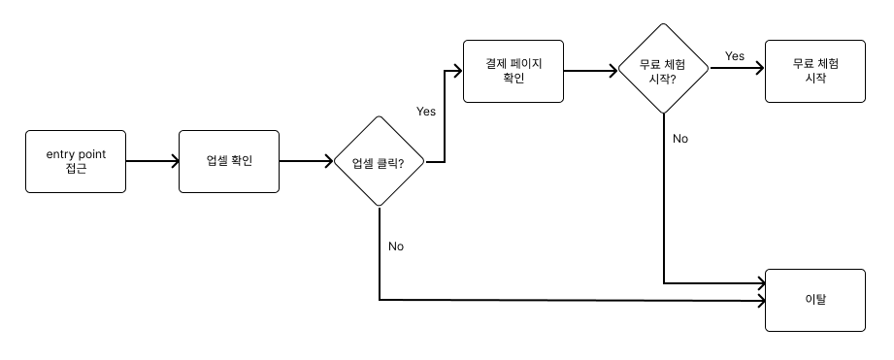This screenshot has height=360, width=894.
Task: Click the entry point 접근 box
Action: tap(76, 162)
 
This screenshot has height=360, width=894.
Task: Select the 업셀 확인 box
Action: tap(229, 161)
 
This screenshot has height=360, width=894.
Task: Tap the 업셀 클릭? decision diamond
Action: tap(379, 162)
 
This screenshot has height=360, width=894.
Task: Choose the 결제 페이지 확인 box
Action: tap(513, 71)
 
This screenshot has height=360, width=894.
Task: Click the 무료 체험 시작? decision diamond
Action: tap(664, 70)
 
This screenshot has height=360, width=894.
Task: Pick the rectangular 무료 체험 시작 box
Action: tap(814, 71)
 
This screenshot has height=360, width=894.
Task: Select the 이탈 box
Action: tap(814, 300)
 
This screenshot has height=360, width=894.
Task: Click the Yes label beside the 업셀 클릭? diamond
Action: tap(426, 111)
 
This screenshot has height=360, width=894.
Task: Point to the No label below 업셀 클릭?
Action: tap(395, 245)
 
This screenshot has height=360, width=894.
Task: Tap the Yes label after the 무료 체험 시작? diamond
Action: tap(734, 56)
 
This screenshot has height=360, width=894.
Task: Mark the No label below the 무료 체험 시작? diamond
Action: tap(679, 139)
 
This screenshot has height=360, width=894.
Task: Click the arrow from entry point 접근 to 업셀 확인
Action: tap(152, 161)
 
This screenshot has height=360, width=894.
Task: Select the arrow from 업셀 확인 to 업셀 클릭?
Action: tap(306, 161)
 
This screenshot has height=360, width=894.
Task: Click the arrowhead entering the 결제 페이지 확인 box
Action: tap(457, 71)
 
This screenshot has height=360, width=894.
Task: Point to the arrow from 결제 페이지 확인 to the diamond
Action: tap(591, 71)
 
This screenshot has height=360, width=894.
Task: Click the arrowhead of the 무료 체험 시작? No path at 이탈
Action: tap(761, 284)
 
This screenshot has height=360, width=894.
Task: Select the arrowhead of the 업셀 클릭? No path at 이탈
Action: tap(761, 301)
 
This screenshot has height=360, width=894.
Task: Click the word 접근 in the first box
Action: tap(76, 170)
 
